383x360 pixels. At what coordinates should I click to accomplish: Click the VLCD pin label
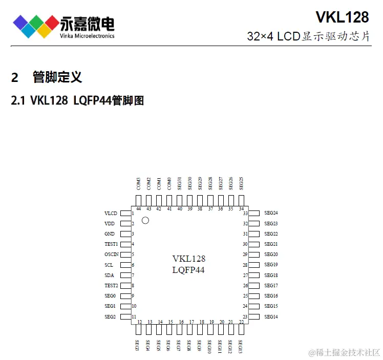111,213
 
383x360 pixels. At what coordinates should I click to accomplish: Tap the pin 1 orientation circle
145,220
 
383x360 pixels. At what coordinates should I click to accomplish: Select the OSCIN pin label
112,255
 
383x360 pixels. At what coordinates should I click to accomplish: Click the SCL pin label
109,265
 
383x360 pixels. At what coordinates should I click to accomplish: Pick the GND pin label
110,234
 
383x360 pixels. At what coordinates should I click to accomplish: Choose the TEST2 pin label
111,286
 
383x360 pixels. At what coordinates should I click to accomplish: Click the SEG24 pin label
271,213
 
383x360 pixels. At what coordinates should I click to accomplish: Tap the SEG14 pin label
271,317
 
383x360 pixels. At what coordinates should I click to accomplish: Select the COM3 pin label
139,183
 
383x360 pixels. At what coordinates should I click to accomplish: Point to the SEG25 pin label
241,183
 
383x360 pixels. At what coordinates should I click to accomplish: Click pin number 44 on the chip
139,208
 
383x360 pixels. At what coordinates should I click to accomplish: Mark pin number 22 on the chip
241,322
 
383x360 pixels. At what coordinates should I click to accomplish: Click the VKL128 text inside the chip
189,259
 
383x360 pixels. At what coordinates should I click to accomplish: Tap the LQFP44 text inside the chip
188,270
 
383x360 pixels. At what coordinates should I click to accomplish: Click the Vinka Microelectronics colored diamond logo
35,25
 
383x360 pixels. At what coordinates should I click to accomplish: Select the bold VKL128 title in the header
342,17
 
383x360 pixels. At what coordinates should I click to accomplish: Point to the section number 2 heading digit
15,78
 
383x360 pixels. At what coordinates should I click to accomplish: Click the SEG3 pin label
138,345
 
